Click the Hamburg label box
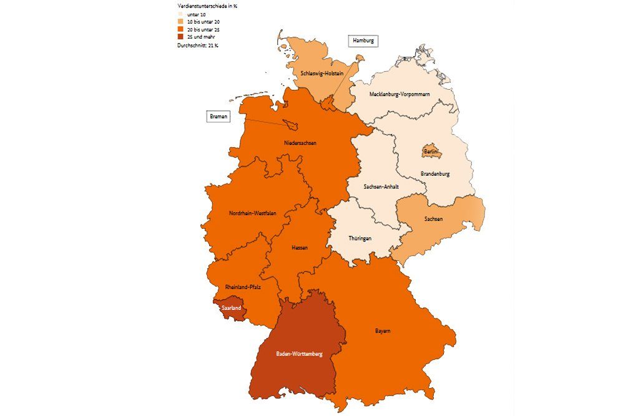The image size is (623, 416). (x=363, y=41)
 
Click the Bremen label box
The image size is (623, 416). (x=218, y=117)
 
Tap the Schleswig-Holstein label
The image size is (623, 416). (x=322, y=73)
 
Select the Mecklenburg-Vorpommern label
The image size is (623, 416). (x=400, y=94)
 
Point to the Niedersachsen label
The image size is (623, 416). (x=300, y=143)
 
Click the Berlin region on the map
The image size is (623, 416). (x=431, y=152)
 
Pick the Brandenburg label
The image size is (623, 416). (x=435, y=174)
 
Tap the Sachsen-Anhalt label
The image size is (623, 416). (x=381, y=186)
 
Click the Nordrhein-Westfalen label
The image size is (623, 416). (x=252, y=213)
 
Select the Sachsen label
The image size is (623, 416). (x=434, y=220)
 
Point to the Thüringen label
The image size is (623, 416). (x=360, y=239)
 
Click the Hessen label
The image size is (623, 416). (x=300, y=248)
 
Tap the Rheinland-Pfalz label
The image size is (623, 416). (x=243, y=287)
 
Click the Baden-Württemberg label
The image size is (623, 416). (x=300, y=354)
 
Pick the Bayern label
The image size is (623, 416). (x=383, y=331)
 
